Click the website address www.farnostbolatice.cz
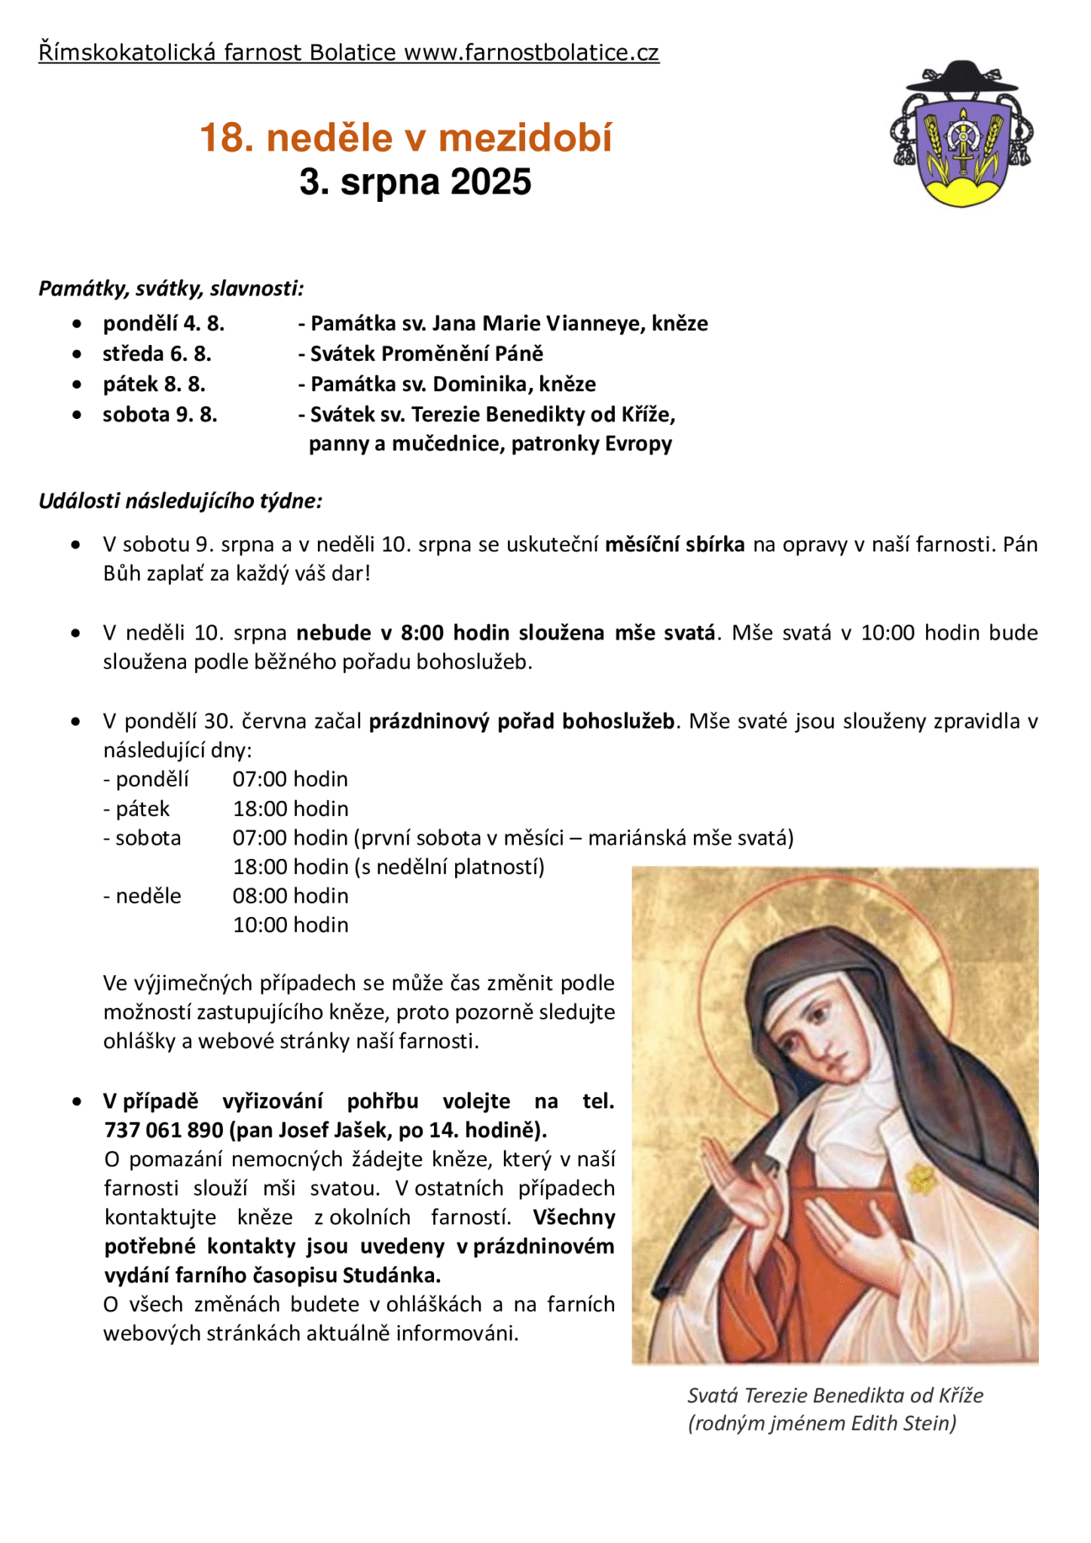click(x=531, y=53)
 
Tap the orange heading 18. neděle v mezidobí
click(x=406, y=139)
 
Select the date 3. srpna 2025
click(x=415, y=182)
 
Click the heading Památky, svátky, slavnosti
click(x=171, y=289)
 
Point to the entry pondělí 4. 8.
click(x=163, y=324)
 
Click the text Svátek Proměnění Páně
click(x=426, y=354)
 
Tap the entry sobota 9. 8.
click(x=160, y=414)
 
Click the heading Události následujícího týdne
click(x=180, y=501)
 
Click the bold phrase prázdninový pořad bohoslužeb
click(x=521, y=721)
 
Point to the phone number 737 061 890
click(x=163, y=1130)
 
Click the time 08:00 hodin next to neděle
click(x=290, y=896)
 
